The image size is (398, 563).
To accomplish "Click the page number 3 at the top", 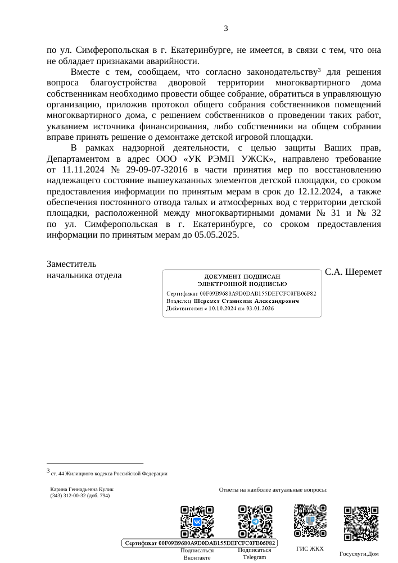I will click(x=226, y=29).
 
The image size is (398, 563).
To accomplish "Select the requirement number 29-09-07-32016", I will click(x=158, y=169).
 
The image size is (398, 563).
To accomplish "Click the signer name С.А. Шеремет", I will click(x=353, y=272).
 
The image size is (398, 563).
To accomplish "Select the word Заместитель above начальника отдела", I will click(x=71, y=264).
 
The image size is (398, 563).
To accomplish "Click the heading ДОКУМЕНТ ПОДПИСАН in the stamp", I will click(x=242, y=276).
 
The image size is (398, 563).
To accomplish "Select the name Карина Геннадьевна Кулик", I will click(x=82, y=489).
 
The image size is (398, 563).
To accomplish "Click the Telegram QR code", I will click(x=255, y=522).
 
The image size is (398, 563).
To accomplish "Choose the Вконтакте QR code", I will click(x=197, y=522).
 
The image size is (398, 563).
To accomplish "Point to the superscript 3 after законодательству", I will click(x=319, y=70).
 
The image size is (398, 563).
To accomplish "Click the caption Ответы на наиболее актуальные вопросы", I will click(x=273, y=490).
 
